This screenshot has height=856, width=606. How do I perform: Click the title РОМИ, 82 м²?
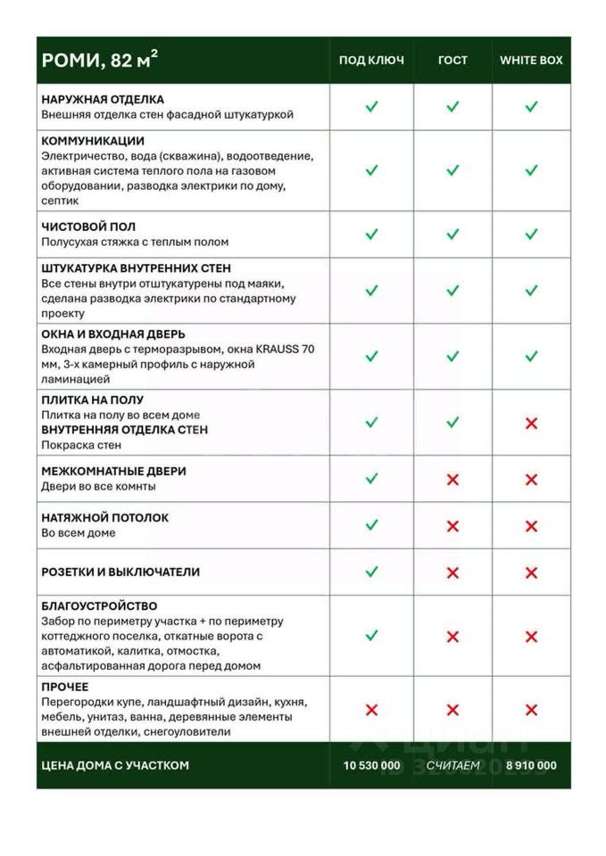point(100,60)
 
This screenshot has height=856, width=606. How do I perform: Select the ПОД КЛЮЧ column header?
point(371,60)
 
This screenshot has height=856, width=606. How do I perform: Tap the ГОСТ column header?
point(452,60)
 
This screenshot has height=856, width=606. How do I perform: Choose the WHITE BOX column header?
point(531,60)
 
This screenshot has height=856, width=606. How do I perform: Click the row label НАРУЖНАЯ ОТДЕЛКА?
point(103,100)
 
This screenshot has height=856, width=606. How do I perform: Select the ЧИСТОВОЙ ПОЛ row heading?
point(88,226)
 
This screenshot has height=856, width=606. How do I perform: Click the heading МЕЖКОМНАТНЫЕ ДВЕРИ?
point(113,471)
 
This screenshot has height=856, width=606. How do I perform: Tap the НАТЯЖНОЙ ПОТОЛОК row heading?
point(104,517)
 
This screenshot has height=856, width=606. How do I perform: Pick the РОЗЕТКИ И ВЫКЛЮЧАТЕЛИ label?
point(120,572)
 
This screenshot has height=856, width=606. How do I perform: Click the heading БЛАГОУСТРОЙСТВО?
point(99,606)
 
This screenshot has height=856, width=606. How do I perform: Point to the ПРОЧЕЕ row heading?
point(65,687)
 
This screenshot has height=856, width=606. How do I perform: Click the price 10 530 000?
point(371,765)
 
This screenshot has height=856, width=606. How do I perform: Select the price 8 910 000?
point(531,765)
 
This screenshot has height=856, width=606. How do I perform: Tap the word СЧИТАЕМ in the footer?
point(452,765)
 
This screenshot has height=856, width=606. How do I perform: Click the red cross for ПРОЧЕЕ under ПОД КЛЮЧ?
point(371,710)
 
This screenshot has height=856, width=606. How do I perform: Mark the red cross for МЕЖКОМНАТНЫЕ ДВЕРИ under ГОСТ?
point(452,480)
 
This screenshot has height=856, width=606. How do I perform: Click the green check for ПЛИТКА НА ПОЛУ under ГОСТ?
point(452,422)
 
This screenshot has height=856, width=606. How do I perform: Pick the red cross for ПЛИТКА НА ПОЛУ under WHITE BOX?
point(531,423)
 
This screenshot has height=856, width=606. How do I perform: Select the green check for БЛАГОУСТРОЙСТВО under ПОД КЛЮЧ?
point(371,636)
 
